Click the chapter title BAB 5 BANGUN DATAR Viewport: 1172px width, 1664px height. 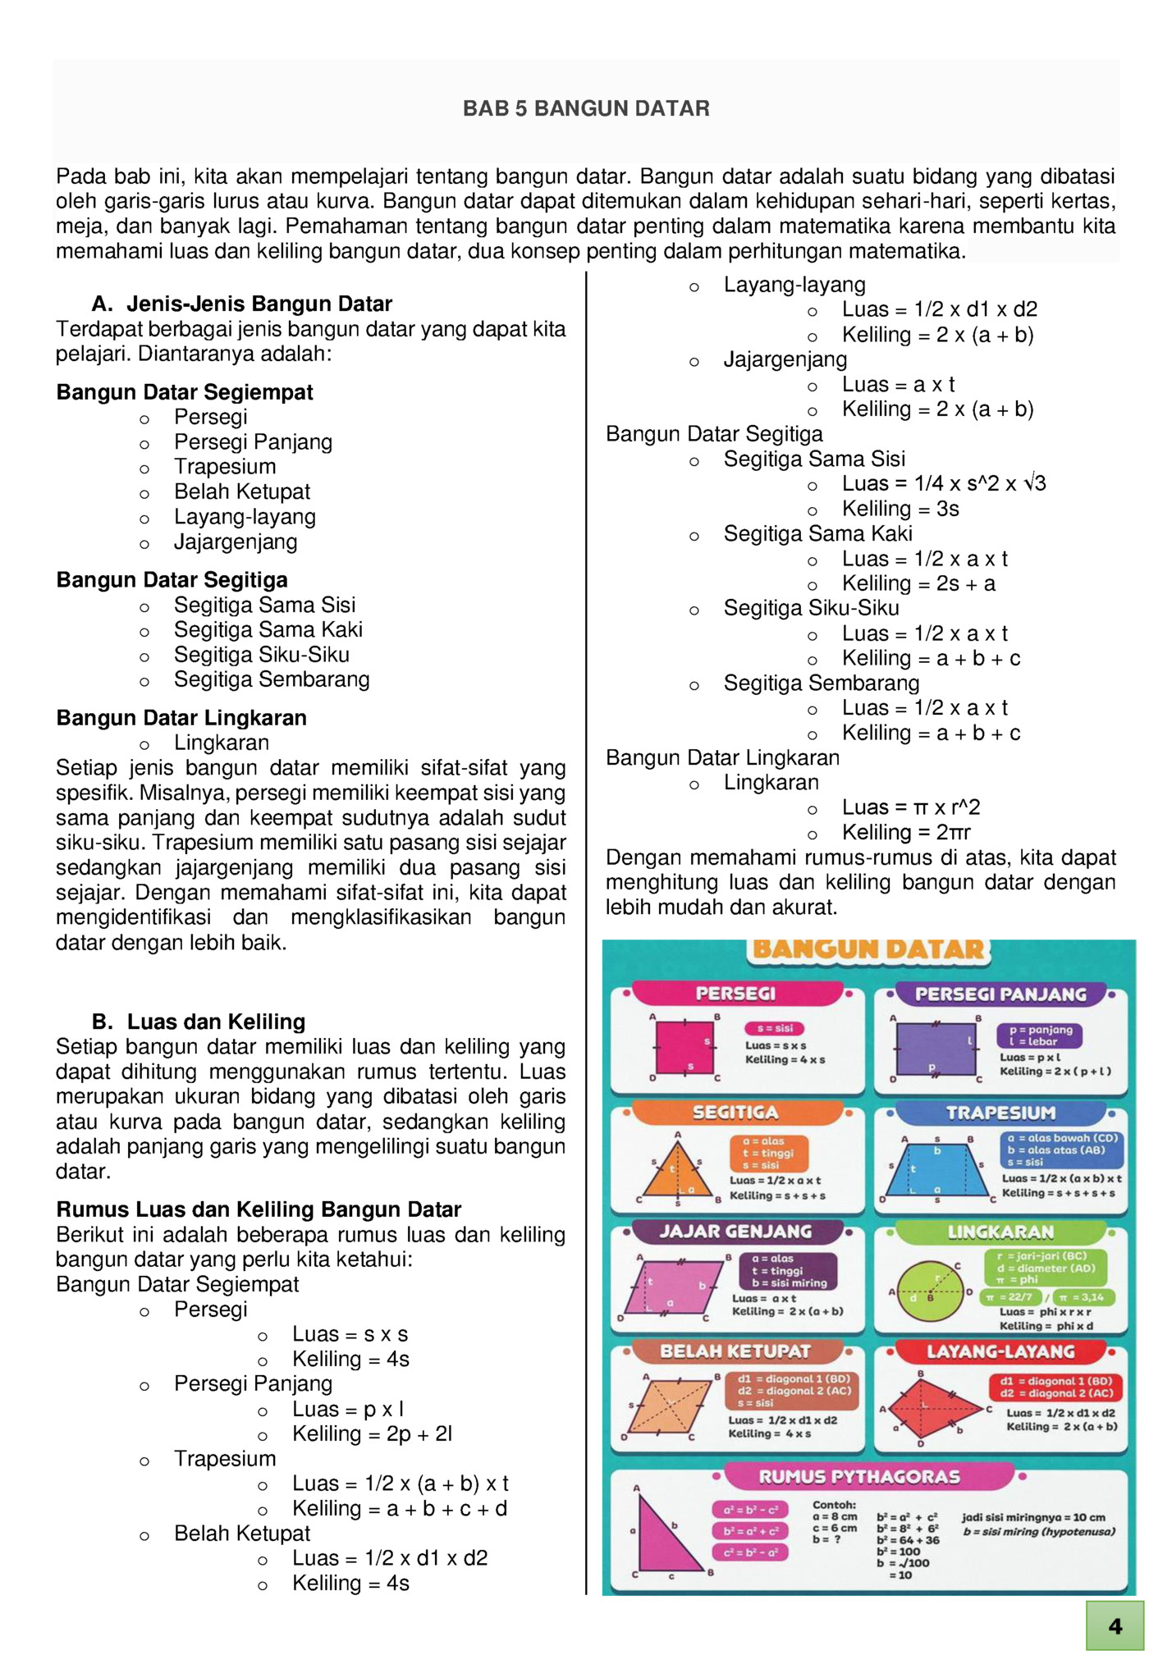click(586, 108)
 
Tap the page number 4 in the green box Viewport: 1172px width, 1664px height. click(1114, 1625)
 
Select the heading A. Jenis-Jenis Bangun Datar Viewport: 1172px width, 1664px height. click(242, 304)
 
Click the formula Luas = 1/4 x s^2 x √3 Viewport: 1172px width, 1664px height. click(944, 484)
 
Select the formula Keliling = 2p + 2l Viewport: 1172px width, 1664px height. click(373, 1433)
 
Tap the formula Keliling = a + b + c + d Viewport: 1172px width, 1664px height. click(400, 1508)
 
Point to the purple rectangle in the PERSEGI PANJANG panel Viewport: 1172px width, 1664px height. click(936, 1048)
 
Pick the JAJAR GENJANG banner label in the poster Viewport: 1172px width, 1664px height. click(735, 1232)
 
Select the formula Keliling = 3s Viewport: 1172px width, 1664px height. click(900, 509)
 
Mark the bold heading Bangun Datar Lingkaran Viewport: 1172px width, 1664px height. click(181, 718)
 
